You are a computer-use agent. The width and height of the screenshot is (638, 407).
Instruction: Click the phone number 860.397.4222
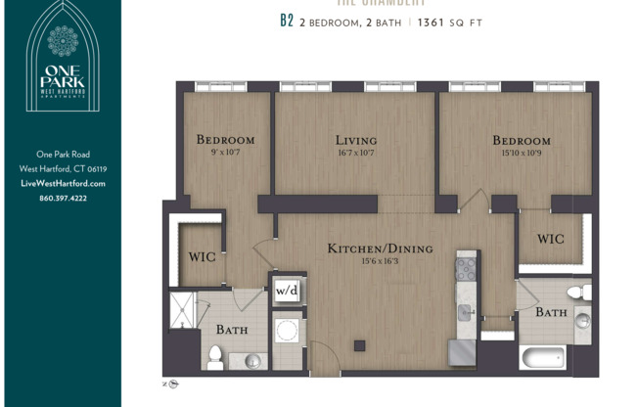pos(63,198)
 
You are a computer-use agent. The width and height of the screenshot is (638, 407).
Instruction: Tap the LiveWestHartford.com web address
pos(63,183)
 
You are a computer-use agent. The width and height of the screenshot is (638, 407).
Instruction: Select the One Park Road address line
pos(63,154)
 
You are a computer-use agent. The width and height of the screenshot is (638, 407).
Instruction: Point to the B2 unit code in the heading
pos(287,22)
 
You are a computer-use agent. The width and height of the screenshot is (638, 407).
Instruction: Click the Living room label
pos(355,140)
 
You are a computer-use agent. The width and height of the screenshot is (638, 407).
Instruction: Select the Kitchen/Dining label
pos(368,248)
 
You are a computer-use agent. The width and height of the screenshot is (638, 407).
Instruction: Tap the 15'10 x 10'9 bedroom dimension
pos(521,153)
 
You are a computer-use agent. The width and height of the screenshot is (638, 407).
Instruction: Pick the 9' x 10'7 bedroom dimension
pos(225,152)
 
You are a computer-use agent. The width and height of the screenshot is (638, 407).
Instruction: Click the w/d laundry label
pos(286,291)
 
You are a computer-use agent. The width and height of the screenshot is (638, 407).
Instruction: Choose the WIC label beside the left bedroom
pos(203,257)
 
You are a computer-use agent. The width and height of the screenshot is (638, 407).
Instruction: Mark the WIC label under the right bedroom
pos(550,239)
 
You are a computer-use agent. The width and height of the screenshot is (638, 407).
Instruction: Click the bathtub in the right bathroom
pos(543,357)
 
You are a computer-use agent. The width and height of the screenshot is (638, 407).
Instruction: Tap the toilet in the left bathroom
pos(215,356)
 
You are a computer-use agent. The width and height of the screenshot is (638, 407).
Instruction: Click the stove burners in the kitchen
pos(467,265)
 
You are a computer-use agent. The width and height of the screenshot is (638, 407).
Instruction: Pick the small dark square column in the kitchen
pos(360,344)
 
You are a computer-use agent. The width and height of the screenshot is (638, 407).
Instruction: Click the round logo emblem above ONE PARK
pos(63,41)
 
